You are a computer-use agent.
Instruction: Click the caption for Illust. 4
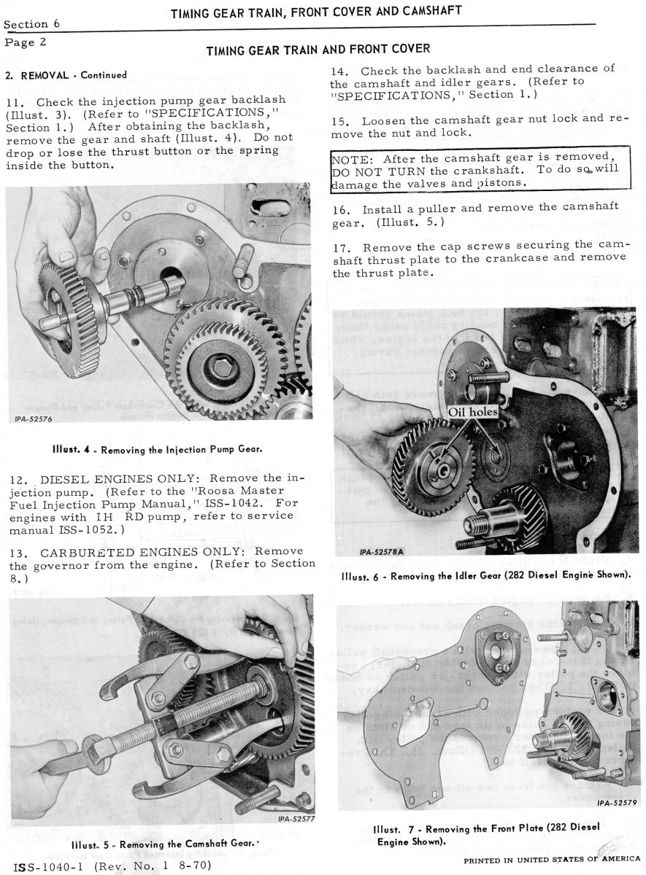coord(156,449)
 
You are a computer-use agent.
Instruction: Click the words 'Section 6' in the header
coord(31,24)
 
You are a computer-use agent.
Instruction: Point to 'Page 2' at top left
coord(26,42)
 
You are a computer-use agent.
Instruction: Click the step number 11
coord(14,102)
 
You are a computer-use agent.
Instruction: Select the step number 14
coord(339,71)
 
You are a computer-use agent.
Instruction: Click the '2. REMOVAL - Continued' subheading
coord(65,75)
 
